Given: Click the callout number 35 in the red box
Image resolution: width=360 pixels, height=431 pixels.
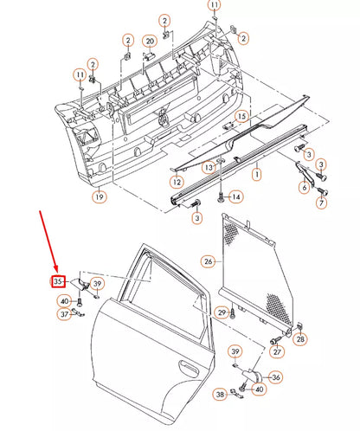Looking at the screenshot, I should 58,281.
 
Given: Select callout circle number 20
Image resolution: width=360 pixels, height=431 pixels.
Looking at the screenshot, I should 149,41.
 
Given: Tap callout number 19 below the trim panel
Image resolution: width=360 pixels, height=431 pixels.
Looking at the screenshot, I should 100,197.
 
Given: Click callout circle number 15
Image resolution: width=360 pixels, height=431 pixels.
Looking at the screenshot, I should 241,116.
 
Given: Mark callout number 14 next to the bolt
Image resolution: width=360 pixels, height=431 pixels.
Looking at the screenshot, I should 236,197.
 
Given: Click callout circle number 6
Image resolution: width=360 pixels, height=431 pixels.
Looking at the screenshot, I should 304,187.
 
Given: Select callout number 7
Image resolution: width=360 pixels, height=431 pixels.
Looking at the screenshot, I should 320,203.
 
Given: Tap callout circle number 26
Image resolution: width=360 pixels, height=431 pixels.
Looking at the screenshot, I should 208,261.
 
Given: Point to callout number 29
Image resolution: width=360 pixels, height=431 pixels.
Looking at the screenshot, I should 222,312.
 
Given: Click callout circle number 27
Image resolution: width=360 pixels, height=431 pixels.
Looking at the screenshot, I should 277,351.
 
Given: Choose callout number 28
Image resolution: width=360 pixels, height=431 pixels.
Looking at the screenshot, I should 300,339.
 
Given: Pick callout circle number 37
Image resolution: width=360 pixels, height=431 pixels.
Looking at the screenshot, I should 64,315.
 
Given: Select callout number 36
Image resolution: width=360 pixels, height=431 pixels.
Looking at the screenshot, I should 275,376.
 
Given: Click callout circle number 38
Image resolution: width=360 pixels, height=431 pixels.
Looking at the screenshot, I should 220,395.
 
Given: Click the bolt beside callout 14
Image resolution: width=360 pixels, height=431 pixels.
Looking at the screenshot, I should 222,196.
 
